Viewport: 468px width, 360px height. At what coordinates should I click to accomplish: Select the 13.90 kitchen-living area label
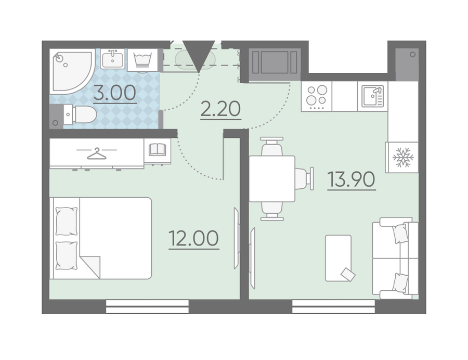pyautogui.click(x=352, y=179)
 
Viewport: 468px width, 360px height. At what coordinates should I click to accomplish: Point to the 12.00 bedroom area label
pyautogui.click(x=194, y=238)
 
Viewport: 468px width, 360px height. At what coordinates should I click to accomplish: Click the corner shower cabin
pyautogui.click(x=71, y=71)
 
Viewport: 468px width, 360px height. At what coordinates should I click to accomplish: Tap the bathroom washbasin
pyautogui.click(x=112, y=59)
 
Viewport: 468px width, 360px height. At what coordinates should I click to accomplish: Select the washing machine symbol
pyautogui.click(x=143, y=60)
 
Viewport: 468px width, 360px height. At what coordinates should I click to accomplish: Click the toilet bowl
pyautogui.click(x=80, y=114)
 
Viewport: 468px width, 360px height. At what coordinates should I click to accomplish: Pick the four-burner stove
pyautogui.click(x=317, y=96)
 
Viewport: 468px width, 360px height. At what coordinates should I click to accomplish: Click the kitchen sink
pyautogui.click(x=373, y=96)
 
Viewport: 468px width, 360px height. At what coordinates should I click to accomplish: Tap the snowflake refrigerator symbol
pyautogui.click(x=402, y=157)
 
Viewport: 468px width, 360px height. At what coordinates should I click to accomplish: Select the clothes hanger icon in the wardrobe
pyautogui.click(x=96, y=154)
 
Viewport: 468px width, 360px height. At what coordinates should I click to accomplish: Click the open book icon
pyautogui.click(x=157, y=149)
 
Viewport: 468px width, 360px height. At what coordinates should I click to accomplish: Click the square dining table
pyautogui.click(x=272, y=179)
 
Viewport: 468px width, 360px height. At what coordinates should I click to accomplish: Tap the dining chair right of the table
pyautogui.click(x=304, y=179)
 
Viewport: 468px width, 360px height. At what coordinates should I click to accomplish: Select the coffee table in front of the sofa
pyautogui.click(x=339, y=258)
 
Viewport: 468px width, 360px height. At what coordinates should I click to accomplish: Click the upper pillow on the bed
pyautogui.click(x=66, y=221)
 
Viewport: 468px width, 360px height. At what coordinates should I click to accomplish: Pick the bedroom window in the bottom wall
pyautogui.click(x=148, y=306)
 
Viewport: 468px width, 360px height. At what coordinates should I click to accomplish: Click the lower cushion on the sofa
pyautogui.click(x=400, y=282)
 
